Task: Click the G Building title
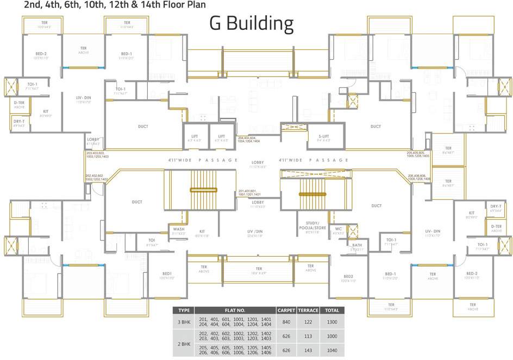(252, 24)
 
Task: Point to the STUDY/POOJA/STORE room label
(312, 229)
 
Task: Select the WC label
(338, 229)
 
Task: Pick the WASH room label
(179, 229)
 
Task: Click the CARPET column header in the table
(286, 311)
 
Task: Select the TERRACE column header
(307, 311)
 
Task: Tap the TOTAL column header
(331, 311)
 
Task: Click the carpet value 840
(286, 322)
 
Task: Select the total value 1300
(331, 322)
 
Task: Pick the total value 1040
(331, 351)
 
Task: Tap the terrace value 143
(307, 351)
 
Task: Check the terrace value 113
(307, 336)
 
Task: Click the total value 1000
(331, 336)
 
